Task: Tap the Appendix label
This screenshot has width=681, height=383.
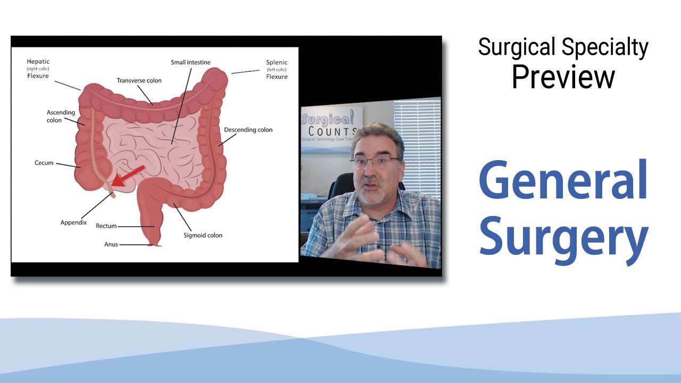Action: (x=73, y=222)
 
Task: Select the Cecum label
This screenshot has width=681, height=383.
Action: (x=44, y=163)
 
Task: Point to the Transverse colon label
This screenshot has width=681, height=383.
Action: (x=139, y=80)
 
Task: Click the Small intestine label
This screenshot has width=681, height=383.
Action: (x=190, y=62)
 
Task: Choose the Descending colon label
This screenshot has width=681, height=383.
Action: (x=248, y=130)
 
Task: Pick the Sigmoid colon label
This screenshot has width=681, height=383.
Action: (x=203, y=235)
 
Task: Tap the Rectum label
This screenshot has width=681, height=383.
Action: (x=106, y=226)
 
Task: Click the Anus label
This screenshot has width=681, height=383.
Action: (x=111, y=245)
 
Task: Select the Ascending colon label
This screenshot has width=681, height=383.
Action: (x=61, y=116)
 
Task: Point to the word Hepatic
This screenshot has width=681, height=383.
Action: (x=38, y=62)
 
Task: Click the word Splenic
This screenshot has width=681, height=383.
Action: (x=277, y=62)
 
